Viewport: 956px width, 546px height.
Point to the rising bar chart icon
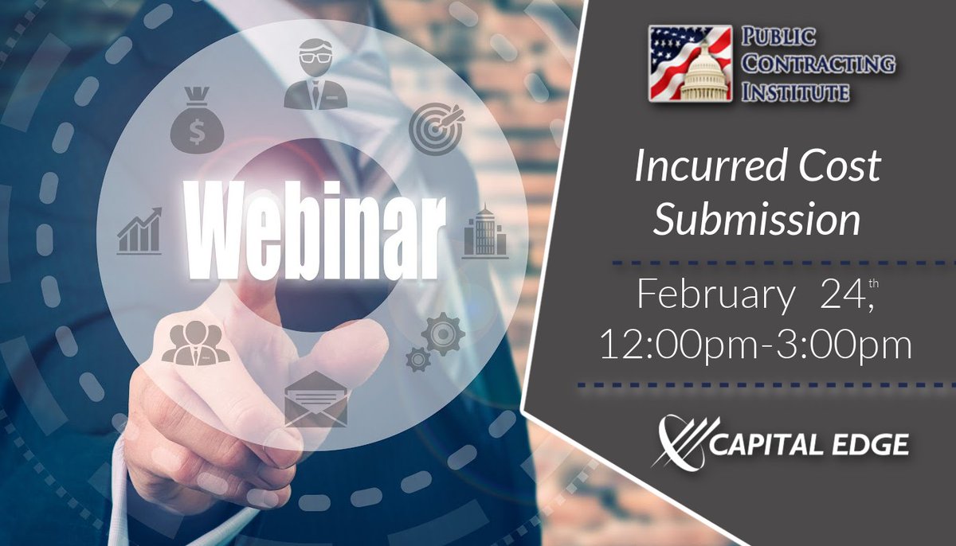tap(139, 232)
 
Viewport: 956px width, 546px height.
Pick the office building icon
tap(485, 232)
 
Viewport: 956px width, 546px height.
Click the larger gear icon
tap(442, 333)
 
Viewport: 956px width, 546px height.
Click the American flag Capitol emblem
tap(690, 63)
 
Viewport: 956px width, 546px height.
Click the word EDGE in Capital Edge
tap(865, 444)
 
